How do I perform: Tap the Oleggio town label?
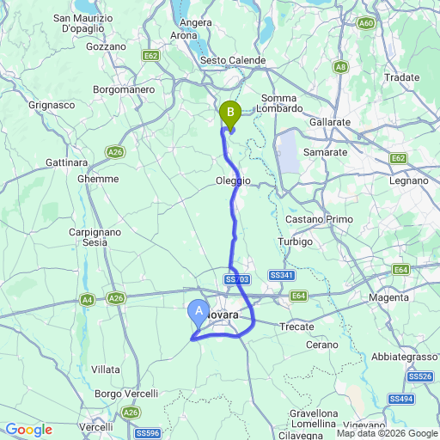tap(233, 180)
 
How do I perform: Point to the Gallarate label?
tap(330, 123)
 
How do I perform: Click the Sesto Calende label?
tap(233, 60)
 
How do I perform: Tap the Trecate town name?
tap(296, 326)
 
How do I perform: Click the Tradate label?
tap(402, 77)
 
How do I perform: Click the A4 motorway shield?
tap(88, 299)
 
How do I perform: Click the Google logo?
tap(29, 430)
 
